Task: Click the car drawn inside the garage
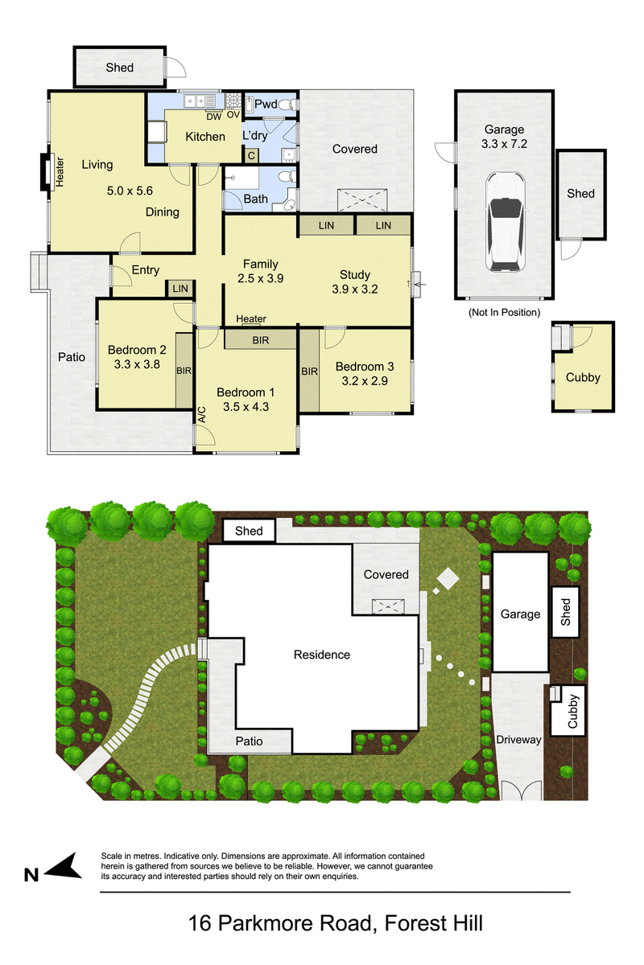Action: [505, 222]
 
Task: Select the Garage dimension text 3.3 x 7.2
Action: [504, 144]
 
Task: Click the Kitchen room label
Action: [205, 137]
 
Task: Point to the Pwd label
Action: [266, 104]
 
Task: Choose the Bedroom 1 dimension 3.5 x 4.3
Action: [246, 407]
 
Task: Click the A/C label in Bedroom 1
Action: [202, 414]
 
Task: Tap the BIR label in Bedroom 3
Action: [310, 372]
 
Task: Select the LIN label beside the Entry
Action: [180, 289]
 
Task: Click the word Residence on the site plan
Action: [322, 655]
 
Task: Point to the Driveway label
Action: [518, 740]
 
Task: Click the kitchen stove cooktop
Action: [233, 101]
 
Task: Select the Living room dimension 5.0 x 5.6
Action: [130, 191]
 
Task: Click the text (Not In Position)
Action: [504, 312]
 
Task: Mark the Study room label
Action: [355, 274]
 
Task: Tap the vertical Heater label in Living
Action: [60, 172]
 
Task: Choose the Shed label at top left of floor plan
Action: [119, 68]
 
